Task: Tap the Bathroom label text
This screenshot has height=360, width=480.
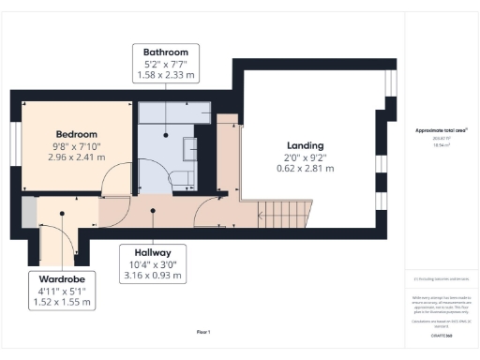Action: click(166, 52)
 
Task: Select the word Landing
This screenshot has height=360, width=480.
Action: click(305, 145)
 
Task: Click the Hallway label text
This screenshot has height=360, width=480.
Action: click(152, 252)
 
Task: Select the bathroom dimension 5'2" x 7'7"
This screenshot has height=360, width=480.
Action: click(166, 64)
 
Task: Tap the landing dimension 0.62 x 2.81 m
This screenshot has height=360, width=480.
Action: click(305, 170)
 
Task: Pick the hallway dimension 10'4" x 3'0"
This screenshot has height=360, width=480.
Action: click(152, 264)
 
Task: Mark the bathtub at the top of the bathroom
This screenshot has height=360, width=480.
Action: click(176, 113)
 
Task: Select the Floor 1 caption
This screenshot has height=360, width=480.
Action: click(202, 332)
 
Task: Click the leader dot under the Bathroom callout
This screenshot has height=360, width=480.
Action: click(166, 135)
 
